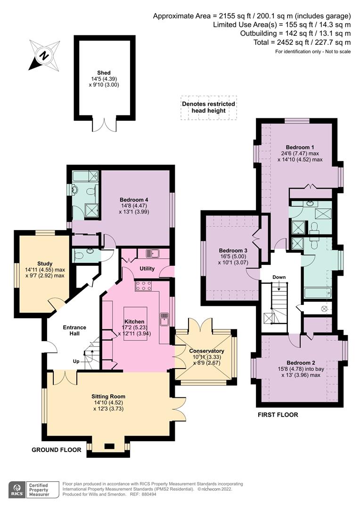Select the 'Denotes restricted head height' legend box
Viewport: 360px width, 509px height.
208,107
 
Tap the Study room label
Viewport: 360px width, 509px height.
45,263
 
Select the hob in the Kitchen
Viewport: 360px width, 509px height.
143,286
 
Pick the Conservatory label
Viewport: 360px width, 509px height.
206,351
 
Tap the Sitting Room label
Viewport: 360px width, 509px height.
108,396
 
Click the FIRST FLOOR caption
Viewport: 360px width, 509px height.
278,415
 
